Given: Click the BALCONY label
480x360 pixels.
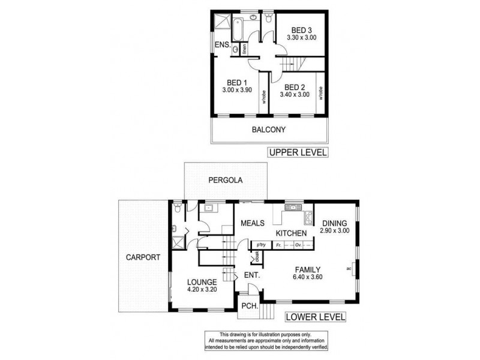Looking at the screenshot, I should point(269,130).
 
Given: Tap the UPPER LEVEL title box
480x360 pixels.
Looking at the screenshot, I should point(298,152).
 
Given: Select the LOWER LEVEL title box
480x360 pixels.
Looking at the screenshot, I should point(315,316).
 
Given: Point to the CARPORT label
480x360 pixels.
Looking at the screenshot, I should point(143,257).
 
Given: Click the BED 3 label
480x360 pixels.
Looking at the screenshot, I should point(303,29).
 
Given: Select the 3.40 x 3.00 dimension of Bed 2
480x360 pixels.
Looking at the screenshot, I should point(294,94).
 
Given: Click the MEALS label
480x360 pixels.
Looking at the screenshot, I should point(253,223).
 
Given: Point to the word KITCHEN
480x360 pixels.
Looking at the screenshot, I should point(292,233).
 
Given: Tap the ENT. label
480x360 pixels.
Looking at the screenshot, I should point(251,276).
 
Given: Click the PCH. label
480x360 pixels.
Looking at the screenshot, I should point(249,307).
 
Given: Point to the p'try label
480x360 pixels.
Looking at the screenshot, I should point(261,245).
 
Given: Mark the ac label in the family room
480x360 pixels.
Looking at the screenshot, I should point(348,269).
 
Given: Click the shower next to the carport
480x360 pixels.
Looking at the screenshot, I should point(177,243).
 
